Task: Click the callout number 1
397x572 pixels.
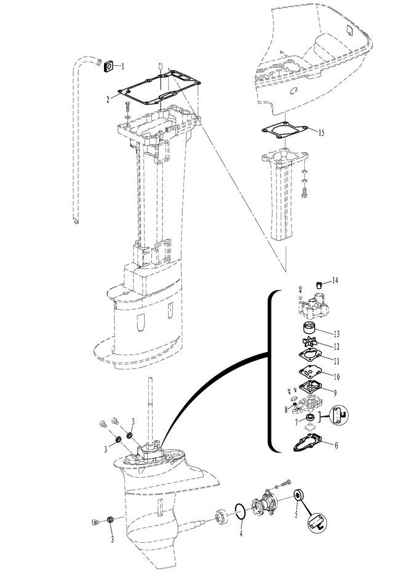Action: (123, 66)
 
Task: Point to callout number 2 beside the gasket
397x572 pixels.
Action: (108, 99)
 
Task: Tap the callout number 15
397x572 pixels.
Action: (321, 132)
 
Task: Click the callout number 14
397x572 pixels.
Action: (335, 280)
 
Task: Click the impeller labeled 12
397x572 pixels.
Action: (310, 344)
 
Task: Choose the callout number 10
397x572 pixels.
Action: (336, 376)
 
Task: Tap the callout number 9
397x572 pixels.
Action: (335, 393)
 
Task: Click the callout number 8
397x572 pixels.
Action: (286, 409)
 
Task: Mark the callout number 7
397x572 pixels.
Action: (297, 422)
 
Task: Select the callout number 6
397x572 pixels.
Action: (336, 445)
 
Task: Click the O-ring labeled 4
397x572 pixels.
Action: (240, 512)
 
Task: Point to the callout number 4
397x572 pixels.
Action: (241, 534)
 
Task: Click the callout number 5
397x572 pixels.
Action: (296, 514)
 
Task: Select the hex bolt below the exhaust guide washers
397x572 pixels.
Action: (305, 193)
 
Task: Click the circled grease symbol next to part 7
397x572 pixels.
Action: (339, 416)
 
